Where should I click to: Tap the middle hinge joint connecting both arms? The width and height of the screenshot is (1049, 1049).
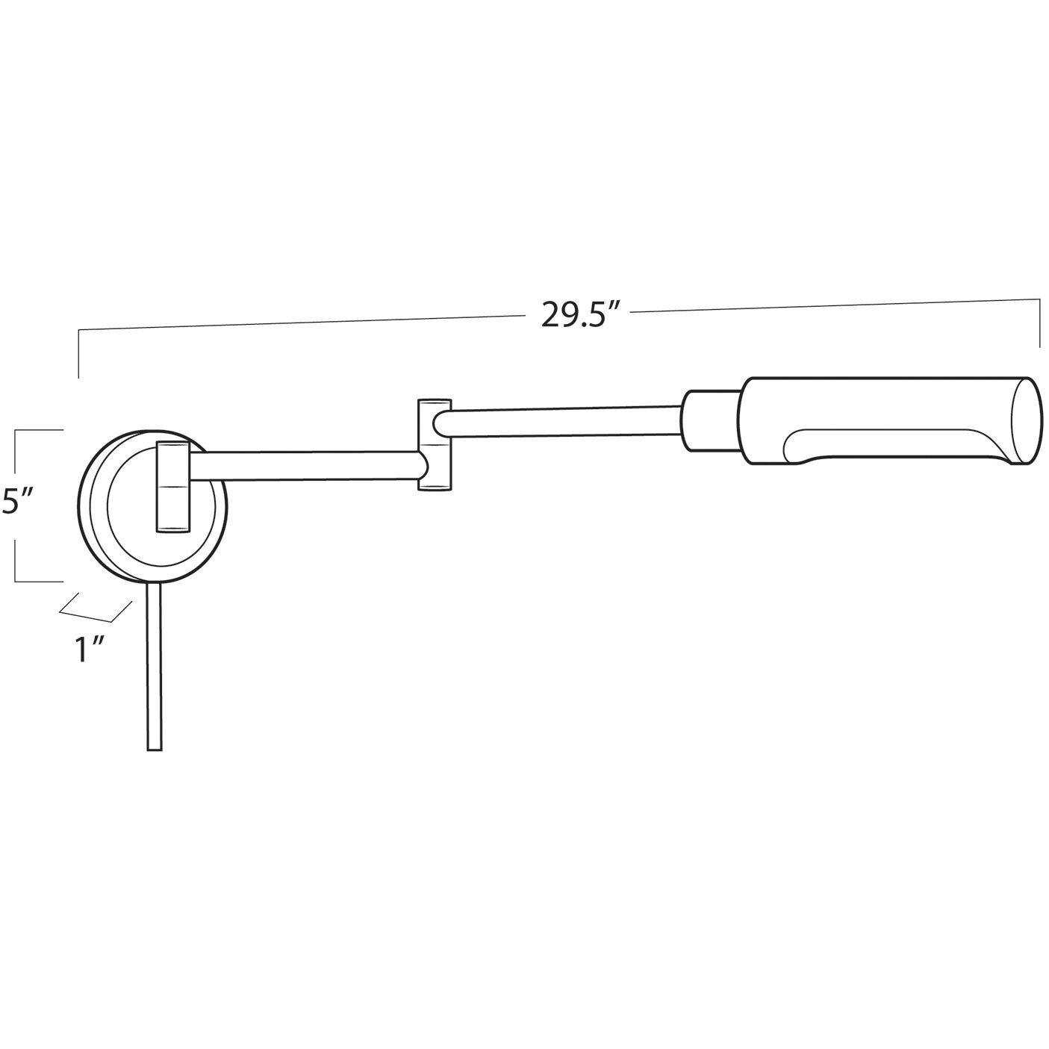click(434, 445)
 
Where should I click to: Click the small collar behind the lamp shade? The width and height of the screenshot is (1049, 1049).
click(712, 421)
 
